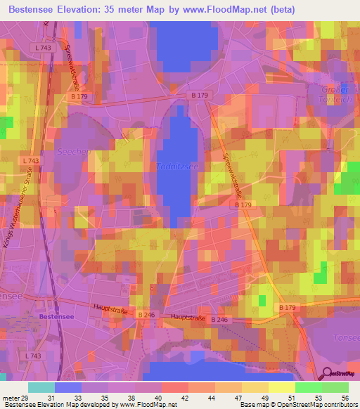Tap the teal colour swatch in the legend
click(x=41, y=387)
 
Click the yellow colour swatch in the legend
click(x=282, y=387)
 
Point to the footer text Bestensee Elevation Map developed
click(x=56, y=405)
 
